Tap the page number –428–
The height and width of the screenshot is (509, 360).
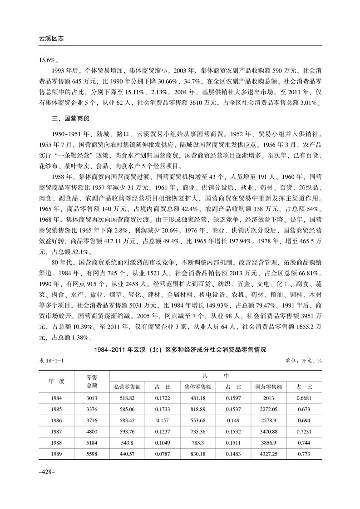point(46,472)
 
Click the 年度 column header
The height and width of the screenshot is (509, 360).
point(57,382)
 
